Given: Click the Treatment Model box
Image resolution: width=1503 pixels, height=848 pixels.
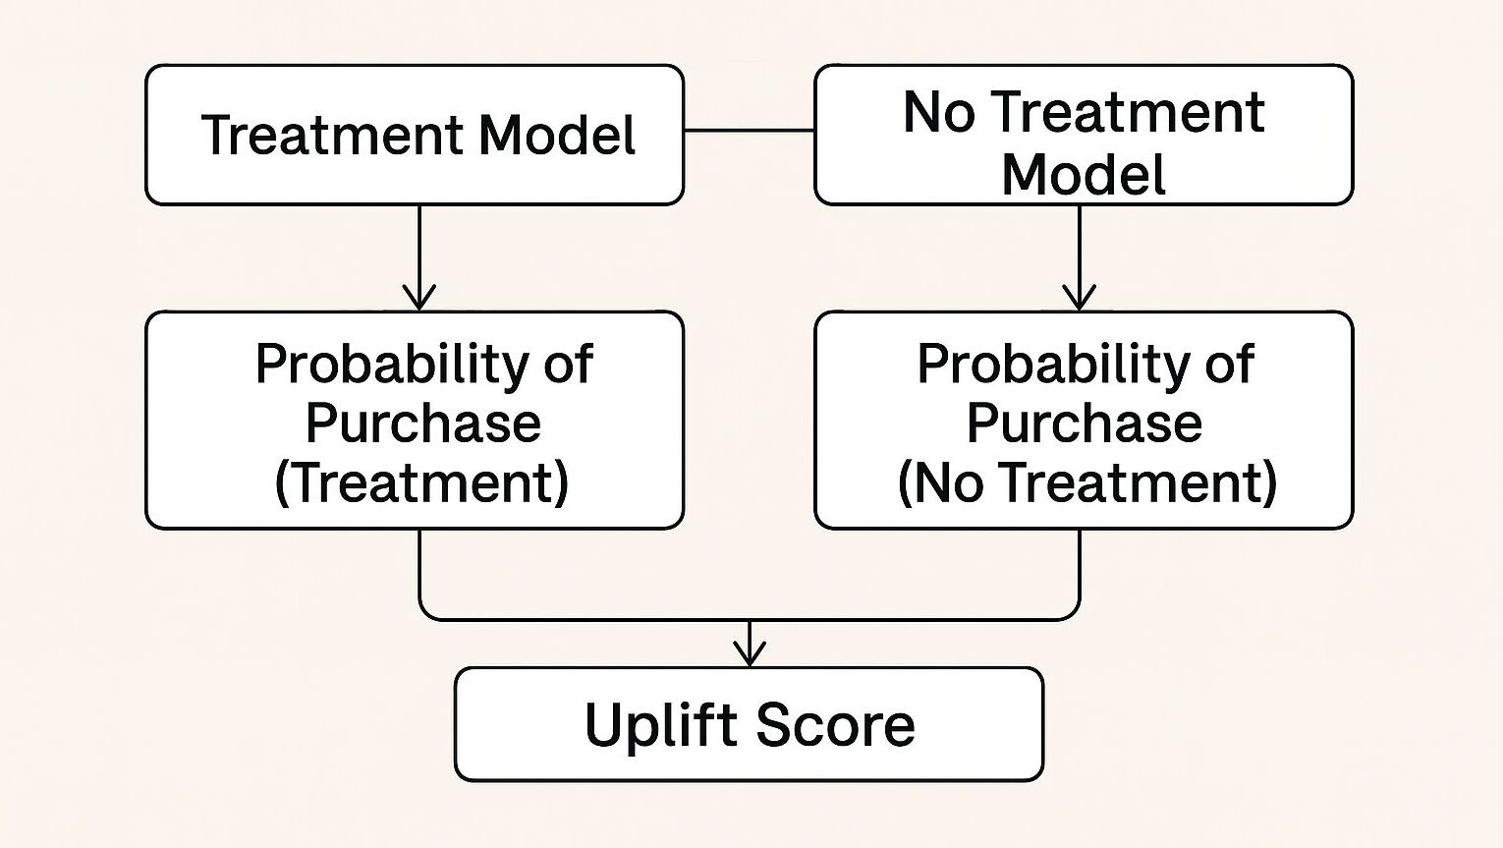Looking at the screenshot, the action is click(415, 135).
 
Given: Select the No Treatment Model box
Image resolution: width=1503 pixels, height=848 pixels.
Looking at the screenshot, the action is click(1084, 135).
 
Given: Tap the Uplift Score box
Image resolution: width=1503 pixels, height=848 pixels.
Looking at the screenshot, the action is click(749, 724).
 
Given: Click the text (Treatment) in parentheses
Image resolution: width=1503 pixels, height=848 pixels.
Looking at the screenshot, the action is click(421, 482).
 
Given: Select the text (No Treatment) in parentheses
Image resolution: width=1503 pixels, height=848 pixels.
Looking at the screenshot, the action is click(1087, 482).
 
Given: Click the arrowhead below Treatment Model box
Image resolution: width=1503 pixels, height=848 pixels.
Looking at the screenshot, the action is click(419, 298).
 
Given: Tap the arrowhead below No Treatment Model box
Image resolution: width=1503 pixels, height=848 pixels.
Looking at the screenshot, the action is click(1080, 298).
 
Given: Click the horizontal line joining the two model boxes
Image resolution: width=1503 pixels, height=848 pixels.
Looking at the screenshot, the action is click(750, 131).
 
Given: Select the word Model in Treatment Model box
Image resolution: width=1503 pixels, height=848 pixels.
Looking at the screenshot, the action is click(557, 135).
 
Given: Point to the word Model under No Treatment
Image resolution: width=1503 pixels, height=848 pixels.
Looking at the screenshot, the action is click(1084, 174).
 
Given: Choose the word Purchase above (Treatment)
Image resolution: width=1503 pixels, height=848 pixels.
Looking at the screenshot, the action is click(422, 423).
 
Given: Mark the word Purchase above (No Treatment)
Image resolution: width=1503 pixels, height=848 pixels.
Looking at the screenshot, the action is click(1085, 423).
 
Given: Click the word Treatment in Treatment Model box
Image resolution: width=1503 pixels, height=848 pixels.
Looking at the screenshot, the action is click(331, 135).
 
